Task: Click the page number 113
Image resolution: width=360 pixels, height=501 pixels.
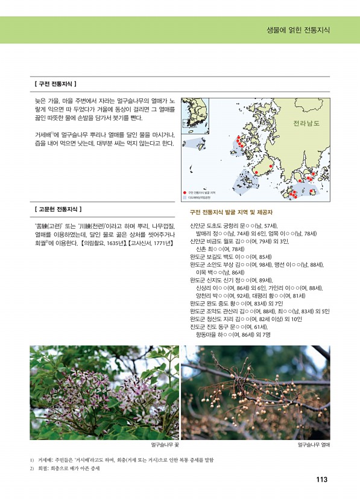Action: point(321,480)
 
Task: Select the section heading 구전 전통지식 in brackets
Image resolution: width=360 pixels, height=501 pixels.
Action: point(55,83)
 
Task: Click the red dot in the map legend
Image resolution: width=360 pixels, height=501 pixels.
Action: point(184,192)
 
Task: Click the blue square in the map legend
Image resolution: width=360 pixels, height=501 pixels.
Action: point(184,197)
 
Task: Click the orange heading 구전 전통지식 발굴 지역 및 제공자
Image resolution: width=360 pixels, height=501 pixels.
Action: point(231,212)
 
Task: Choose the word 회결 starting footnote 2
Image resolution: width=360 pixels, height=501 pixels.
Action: point(43,470)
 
